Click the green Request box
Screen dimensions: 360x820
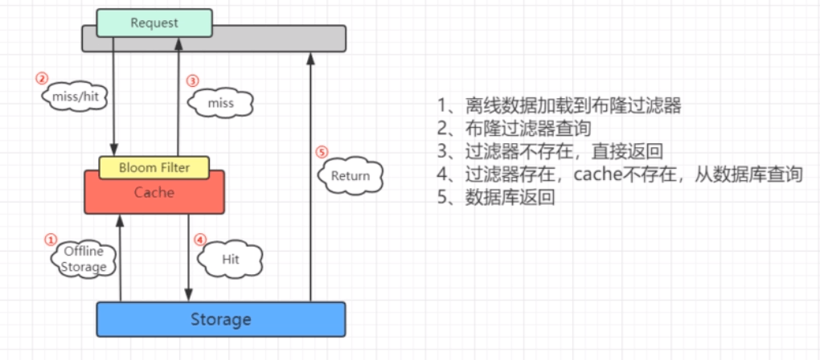[x=154, y=22]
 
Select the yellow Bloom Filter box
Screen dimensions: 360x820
[x=154, y=168]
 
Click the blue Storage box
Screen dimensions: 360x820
[x=220, y=319]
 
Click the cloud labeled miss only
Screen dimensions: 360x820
[x=220, y=104]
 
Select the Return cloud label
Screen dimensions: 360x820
[x=351, y=176]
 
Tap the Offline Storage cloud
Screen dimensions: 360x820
[x=84, y=260]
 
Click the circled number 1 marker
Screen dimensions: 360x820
[x=51, y=239]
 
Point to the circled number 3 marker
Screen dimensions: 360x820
[x=192, y=80]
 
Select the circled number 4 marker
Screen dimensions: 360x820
[x=200, y=239]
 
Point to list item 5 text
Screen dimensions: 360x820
[x=497, y=197]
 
